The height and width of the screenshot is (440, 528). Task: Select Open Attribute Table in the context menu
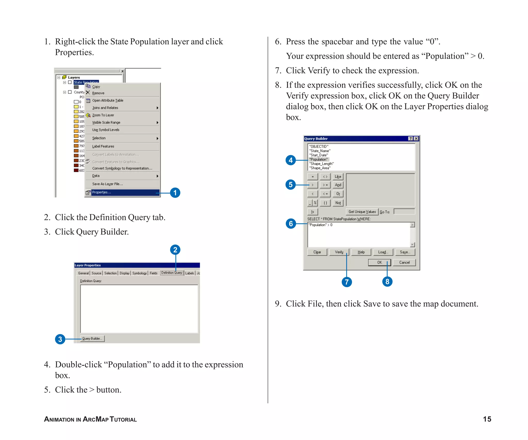click(x=108, y=101)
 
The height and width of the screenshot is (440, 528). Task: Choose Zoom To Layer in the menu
click(x=103, y=115)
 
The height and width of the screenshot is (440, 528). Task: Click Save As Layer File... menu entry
click(x=107, y=184)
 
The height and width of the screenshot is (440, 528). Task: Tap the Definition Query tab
click(x=172, y=273)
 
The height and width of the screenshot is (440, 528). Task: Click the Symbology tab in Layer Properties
click(x=139, y=273)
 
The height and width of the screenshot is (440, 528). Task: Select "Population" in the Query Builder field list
click(x=319, y=160)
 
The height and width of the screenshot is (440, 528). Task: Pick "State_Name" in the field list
click(x=320, y=151)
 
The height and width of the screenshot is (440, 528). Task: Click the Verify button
click(x=339, y=252)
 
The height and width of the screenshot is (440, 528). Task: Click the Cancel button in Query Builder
click(x=404, y=262)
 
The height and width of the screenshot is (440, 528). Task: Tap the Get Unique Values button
click(x=362, y=212)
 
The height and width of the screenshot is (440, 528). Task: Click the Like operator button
click(x=338, y=177)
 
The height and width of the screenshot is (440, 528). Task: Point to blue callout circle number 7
click(x=347, y=282)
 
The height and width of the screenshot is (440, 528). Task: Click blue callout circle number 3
click(x=60, y=339)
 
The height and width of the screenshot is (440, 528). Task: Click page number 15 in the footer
click(x=487, y=419)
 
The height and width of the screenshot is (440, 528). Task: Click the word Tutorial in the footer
click(x=123, y=419)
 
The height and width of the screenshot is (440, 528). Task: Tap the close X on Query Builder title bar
click(x=416, y=139)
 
